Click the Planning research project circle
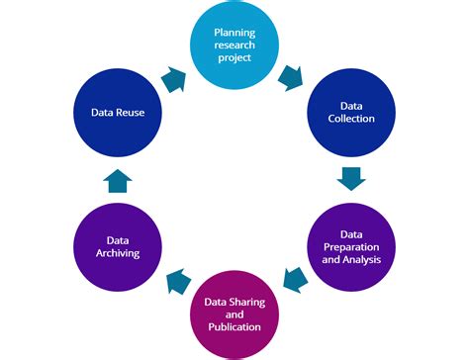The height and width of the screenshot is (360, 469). (x=234, y=45)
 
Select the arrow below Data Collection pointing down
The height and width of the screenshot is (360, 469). (x=352, y=178)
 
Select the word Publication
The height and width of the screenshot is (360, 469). (x=234, y=327)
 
